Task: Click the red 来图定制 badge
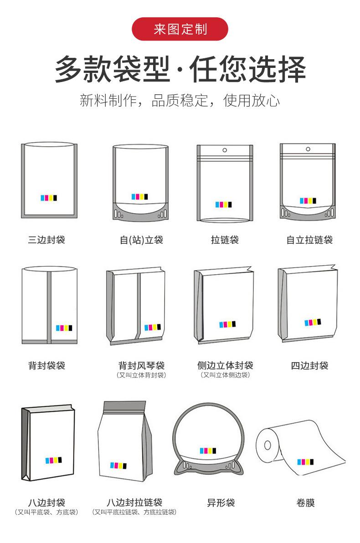[180, 30]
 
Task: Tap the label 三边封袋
[46, 240]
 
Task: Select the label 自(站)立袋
[141, 240]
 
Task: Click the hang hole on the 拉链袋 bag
[225, 150]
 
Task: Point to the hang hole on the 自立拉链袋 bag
[307, 149]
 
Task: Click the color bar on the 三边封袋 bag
[49, 198]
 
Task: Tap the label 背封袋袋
[46, 365]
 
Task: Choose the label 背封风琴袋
[141, 365]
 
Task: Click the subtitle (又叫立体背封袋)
[141, 375]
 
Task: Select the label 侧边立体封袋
[225, 365]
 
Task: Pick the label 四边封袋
[309, 365]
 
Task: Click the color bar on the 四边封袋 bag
[313, 323]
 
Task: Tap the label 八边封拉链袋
[134, 502]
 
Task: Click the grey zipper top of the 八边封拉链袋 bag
[125, 406]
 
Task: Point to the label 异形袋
[221, 503]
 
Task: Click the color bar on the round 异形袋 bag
[208, 451]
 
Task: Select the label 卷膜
[305, 503]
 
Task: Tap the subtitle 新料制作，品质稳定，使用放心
[180, 100]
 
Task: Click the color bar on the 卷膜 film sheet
[305, 462]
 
